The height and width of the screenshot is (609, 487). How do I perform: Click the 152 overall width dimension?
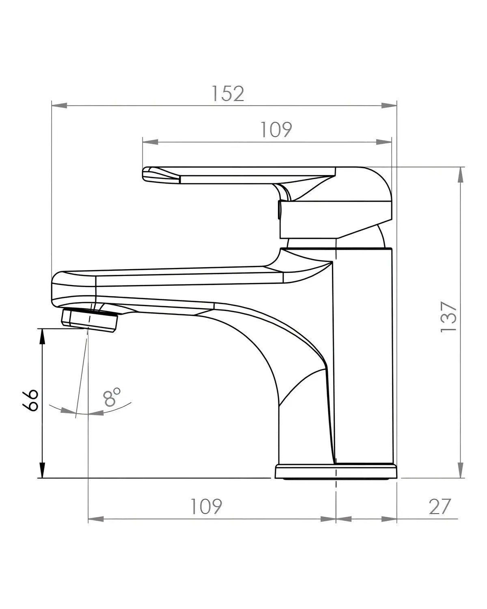[228, 94]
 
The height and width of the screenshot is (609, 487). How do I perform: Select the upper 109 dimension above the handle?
[276, 130]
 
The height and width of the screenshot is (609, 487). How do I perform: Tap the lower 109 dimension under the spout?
[206, 506]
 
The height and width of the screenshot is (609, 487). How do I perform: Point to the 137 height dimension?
[449, 317]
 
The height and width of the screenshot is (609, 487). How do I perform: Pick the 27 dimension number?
[440, 506]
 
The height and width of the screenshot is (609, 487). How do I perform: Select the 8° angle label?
[112, 398]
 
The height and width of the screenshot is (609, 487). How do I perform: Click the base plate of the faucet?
[336, 472]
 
